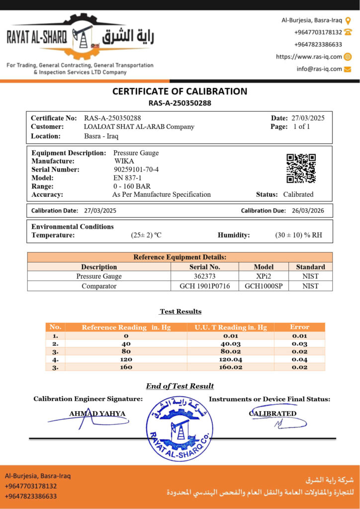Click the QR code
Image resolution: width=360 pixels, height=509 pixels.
(x=301, y=169)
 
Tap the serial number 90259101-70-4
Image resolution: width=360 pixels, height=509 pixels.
(x=136, y=170)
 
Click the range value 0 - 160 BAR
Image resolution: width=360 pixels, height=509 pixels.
(x=132, y=186)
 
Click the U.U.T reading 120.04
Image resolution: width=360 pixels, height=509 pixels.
(x=230, y=359)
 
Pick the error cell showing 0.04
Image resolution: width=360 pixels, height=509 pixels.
(x=299, y=359)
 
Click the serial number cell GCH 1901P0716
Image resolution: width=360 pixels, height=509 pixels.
(x=204, y=286)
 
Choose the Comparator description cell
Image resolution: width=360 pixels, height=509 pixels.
(x=99, y=286)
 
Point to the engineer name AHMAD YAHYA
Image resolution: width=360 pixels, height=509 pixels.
(x=97, y=414)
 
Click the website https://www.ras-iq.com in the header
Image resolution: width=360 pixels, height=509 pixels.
(x=309, y=57)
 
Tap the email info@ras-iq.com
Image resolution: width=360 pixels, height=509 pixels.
(x=319, y=69)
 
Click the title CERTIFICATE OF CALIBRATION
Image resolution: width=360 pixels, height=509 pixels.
(x=180, y=91)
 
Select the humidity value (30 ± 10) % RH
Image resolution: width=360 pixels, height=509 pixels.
(x=298, y=235)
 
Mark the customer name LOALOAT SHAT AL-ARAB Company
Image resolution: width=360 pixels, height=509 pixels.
(x=139, y=127)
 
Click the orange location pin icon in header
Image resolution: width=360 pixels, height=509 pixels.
(x=348, y=20)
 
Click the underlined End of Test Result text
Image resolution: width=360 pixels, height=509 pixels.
(x=180, y=386)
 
